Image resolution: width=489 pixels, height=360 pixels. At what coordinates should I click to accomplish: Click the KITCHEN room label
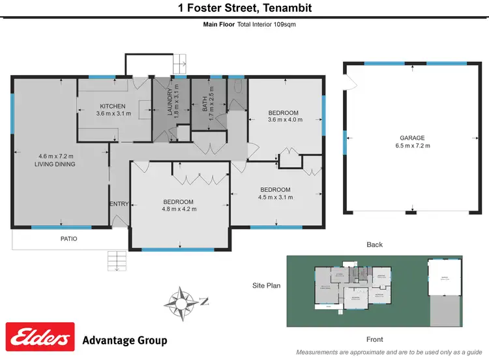(x=113, y=106)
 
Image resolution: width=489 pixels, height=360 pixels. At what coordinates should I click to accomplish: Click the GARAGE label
(x=412, y=138)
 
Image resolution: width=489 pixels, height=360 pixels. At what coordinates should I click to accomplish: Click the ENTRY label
(x=119, y=204)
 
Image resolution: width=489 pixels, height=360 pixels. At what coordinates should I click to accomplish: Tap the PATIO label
(x=69, y=239)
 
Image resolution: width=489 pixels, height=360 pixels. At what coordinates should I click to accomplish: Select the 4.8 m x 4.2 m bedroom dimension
(x=178, y=209)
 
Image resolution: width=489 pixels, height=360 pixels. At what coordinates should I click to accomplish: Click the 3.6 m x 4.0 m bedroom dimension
(x=286, y=120)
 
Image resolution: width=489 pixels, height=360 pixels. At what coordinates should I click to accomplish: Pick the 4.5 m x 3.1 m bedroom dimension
(x=274, y=198)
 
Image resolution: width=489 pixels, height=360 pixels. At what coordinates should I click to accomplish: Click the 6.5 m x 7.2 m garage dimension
(x=412, y=145)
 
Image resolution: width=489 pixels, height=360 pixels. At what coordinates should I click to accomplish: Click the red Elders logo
(x=40, y=338)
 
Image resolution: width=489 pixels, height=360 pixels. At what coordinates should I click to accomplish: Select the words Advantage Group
(x=125, y=340)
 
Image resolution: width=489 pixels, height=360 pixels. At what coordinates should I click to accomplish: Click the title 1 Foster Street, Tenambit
(x=244, y=8)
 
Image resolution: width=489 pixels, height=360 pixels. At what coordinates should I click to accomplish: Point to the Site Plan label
(x=267, y=286)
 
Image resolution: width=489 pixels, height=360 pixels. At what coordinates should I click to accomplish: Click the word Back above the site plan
(x=374, y=245)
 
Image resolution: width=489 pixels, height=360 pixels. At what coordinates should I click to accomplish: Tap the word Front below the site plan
(x=374, y=339)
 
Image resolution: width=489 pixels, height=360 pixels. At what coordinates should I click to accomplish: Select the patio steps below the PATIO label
(x=118, y=261)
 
